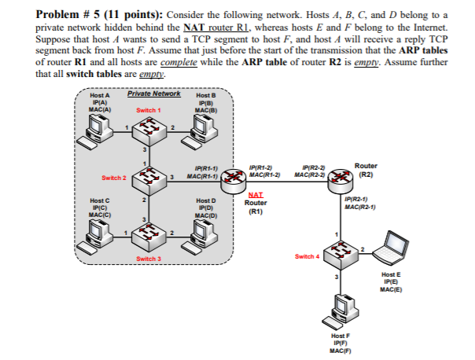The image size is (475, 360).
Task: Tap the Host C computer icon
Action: tap(99, 231)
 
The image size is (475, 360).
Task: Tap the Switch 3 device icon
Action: tap(147, 235)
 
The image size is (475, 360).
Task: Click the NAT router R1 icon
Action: tap(235, 184)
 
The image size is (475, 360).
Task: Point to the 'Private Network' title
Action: tap(153, 94)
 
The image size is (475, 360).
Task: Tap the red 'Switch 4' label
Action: tap(307, 257)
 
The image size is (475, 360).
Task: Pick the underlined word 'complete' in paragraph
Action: tap(182, 62)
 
